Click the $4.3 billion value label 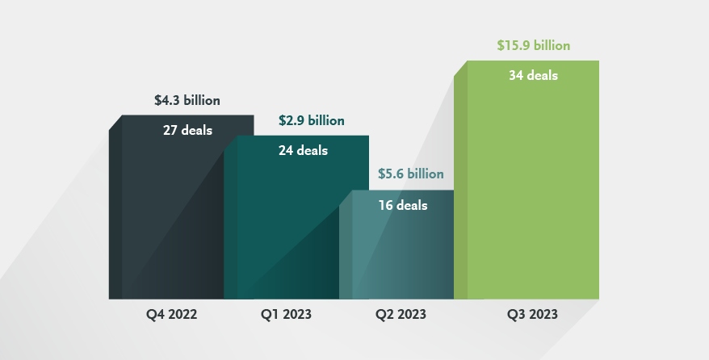pos(187,101)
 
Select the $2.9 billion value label pos(312,121)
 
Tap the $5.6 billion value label pos(411,174)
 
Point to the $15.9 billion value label pos(534,46)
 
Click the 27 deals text pos(187,130)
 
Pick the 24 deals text pos(303,150)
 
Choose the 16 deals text pos(403,205)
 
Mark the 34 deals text pos(533,76)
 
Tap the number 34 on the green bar pos(517,76)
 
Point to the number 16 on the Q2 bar pos(386,205)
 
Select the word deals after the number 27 pos(197,130)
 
